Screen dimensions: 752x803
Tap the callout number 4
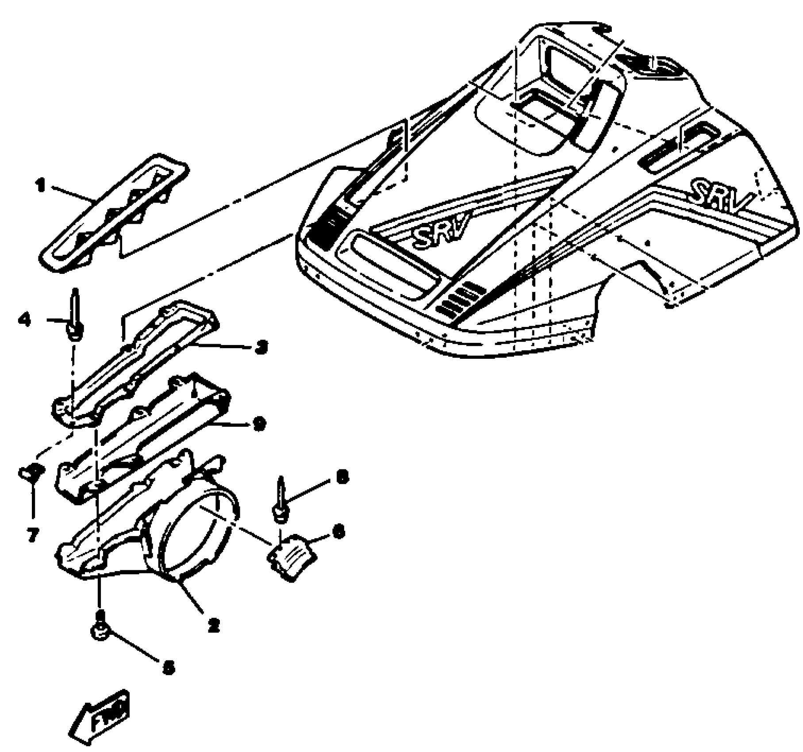pos(24,319)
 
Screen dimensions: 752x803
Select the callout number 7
pos(33,536)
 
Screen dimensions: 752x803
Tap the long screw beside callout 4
pos(75,316)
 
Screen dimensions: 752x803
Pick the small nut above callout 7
pos(31,472)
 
